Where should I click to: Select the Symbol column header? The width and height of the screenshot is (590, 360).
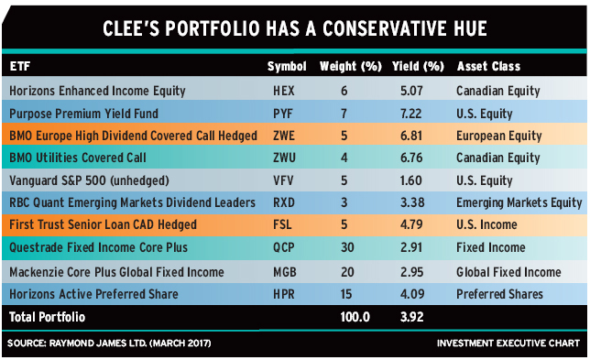click(287, 67)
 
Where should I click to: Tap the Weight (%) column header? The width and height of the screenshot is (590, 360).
click(351, 67)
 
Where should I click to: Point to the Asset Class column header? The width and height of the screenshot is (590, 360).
click(488, 67)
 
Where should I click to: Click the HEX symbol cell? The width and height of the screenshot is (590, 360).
click(284, 91)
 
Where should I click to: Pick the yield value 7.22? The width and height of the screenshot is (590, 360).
click(410, 114)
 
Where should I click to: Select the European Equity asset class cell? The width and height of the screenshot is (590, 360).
click(499, 136)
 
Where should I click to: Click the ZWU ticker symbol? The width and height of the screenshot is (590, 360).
click(284, 158)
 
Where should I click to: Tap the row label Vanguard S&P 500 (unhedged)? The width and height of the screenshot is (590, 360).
click(89, 181)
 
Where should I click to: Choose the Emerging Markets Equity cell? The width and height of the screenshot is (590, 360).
click(519, 203)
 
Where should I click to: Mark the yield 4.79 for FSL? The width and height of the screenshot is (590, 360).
click(411, 224)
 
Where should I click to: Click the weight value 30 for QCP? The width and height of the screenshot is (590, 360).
click(347, 247)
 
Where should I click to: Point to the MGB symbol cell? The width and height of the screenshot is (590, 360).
click(284, 272)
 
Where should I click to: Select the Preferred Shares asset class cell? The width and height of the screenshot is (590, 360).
click(499, 294)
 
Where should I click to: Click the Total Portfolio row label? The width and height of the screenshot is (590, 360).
click(47, 317)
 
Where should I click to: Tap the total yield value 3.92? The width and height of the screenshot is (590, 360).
click(411, 317)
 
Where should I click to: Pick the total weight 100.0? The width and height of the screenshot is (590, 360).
click(355, 317)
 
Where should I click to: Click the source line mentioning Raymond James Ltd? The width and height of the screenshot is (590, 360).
click(109, 344)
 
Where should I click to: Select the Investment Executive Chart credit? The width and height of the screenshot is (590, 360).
click(508, 344)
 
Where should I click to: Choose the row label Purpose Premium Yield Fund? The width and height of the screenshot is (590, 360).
click(83, 114)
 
